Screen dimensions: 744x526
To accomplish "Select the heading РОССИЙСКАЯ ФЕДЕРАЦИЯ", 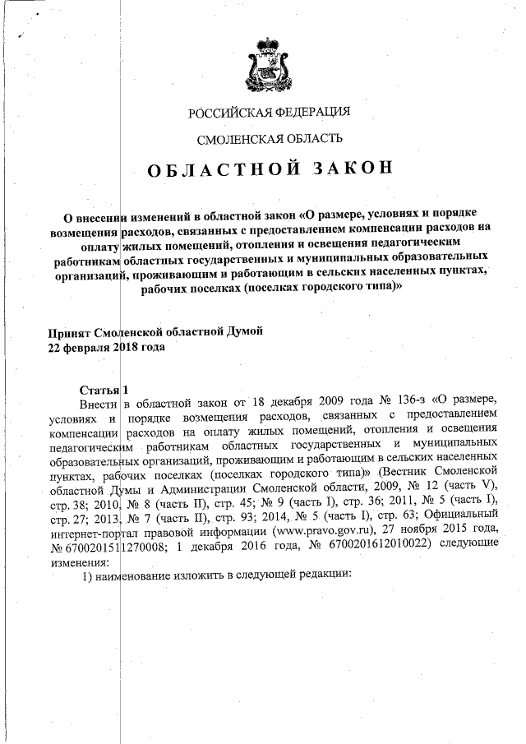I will pos(270,112).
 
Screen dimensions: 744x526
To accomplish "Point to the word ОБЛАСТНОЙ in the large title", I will pos(210,170).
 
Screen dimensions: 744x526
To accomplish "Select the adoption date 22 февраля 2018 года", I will pos(108,347).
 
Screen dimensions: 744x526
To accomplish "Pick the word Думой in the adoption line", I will pos(242,331).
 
